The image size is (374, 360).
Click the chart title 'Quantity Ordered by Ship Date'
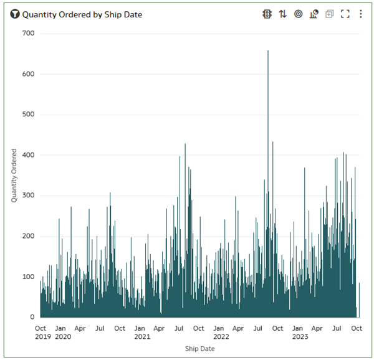point(82,14)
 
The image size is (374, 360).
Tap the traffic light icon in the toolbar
point(267,14)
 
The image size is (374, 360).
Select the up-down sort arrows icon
point(283,14)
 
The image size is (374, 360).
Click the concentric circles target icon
point(299,14)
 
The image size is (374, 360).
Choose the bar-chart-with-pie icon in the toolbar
point(314,14)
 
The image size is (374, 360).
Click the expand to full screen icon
point(345,14)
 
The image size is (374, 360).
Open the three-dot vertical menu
point(360,14)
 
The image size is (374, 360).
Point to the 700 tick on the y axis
point(28,33)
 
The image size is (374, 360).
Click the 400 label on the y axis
point(28,155)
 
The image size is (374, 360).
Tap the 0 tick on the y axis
point(32,318)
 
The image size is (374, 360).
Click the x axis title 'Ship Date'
point(199,349)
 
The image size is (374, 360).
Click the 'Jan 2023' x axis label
point(300,333)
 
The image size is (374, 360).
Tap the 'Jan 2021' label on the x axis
point(141,333)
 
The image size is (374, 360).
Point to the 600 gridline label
point(28,74)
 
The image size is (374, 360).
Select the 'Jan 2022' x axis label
point(221,333)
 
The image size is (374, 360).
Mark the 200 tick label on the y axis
point(28,237)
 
